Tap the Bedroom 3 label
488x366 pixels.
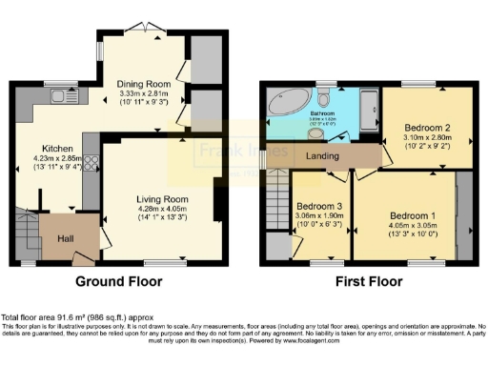coord(316,206)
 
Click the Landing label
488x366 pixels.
coord(318,156)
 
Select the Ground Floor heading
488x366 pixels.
coord(118,282)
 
